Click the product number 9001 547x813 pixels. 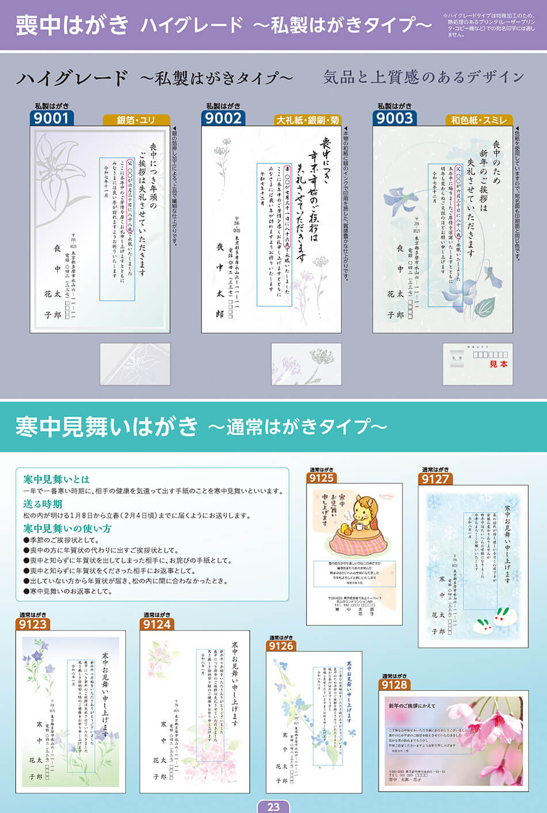point(51,118)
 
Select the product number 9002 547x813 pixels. point(223,118)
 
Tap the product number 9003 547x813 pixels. point(394,118)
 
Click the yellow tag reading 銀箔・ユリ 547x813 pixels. point(136,120)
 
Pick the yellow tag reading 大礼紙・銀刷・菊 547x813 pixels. point(307,120)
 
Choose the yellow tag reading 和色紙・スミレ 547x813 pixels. point(478,120)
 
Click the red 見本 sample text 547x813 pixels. point(499,364)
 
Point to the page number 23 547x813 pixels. point(273,807)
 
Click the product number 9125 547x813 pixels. point(321,478)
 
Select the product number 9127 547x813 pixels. point(435,479)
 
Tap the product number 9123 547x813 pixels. point(33,624)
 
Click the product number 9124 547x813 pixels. point(157,624)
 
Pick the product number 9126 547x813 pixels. point(281,646)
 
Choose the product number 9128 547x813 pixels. point(394,685)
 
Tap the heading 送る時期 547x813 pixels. point(42,504)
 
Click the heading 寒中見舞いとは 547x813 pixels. point(56,479)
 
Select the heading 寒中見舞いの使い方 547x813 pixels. point(67,528)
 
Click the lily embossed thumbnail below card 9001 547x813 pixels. point(135,364)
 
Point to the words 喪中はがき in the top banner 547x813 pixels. point(72,25)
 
